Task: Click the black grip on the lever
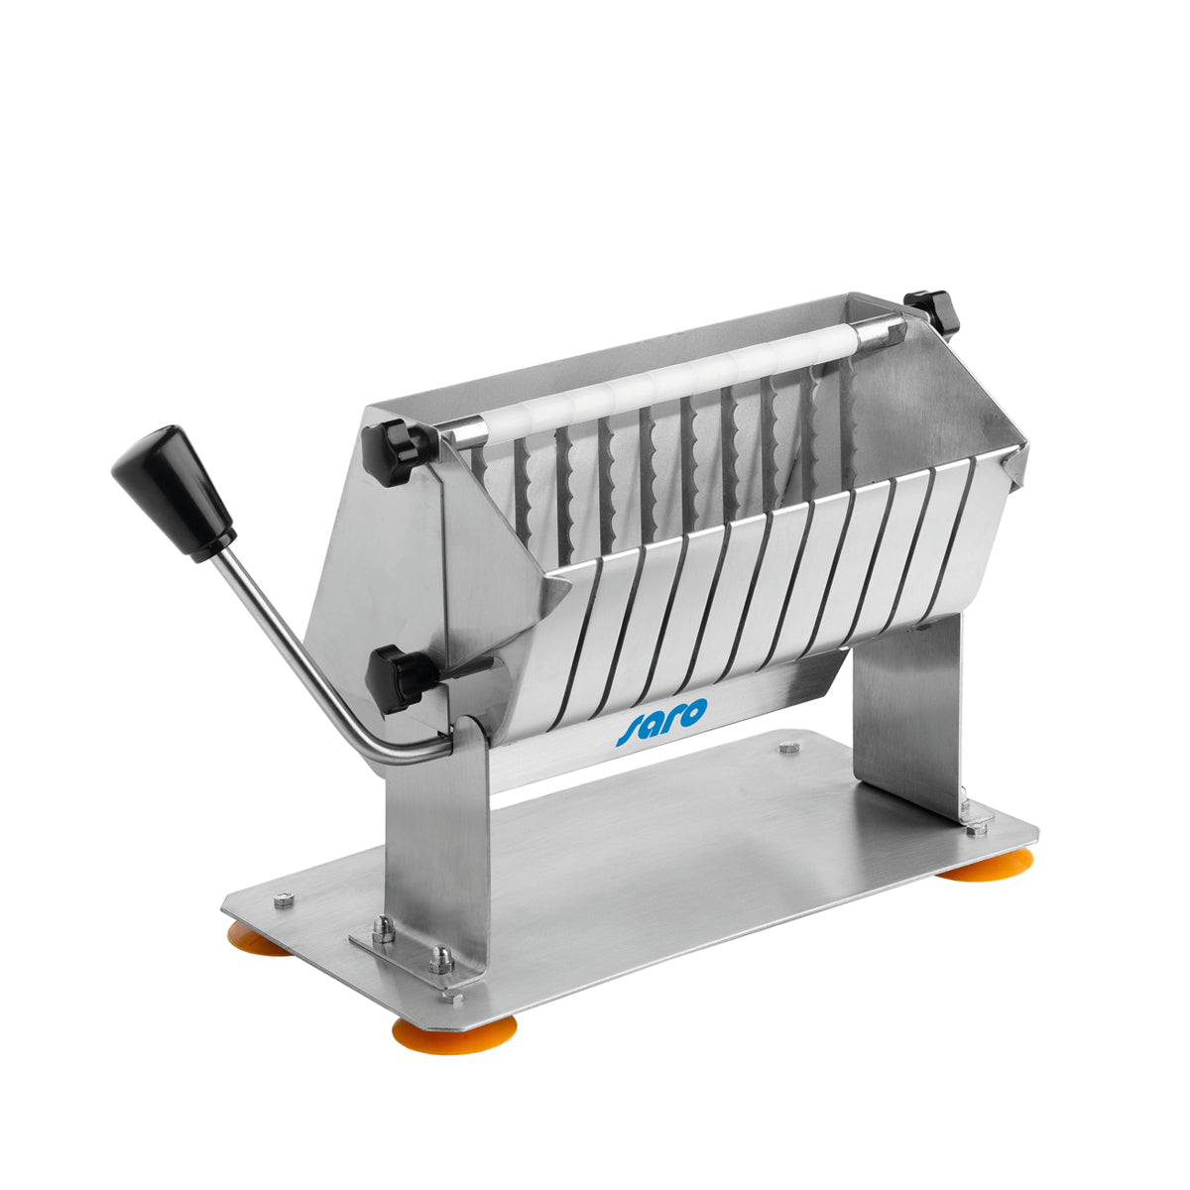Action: pos(173,493)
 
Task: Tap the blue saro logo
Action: pos(660,721)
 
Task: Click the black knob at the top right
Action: pos(931,312)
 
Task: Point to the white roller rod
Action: pos(673,385)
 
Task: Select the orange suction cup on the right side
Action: pos(987,864)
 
